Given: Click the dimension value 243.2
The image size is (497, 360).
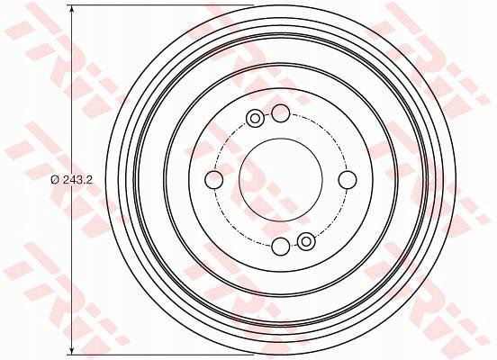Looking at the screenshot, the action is click(x=77, y=180).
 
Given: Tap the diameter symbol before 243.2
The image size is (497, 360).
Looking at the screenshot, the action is click(x=55, y=180).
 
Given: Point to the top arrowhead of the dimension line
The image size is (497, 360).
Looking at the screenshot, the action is click(x=72, y=10).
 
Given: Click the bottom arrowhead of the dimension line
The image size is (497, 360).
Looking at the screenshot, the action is click(x=72, y=350).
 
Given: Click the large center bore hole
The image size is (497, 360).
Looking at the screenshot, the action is click(x=281, y=180).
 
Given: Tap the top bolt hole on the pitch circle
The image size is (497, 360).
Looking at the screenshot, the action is click(x=281, y=113).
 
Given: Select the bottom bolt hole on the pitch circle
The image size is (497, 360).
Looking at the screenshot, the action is click(x=281, y=247).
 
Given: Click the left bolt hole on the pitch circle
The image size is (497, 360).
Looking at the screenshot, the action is click(x=214, y=180).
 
